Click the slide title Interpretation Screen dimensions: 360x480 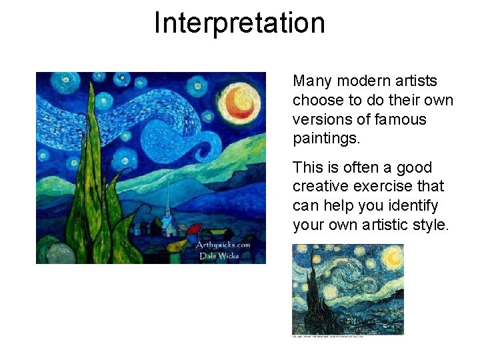click(239, 23)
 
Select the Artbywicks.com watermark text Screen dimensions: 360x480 click(223, 245)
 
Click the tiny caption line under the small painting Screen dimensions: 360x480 click(328, 337)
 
